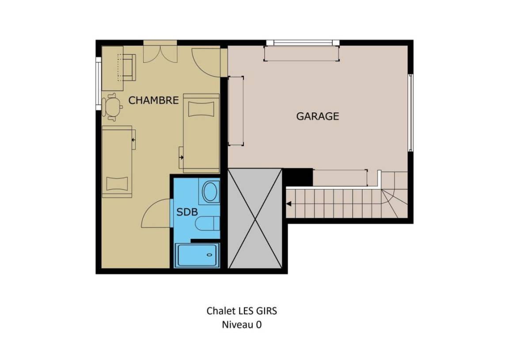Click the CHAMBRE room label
[154, 100]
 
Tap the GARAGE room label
[318, 116]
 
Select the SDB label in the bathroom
[187, 212]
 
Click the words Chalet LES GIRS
[242, 311]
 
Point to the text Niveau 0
[242, 325]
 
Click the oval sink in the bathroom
[210, 191]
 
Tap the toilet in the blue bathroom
[207, 224]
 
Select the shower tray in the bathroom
[197, 255]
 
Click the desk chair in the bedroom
[111, 107]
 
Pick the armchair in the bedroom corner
[127, 67]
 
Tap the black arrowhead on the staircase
[289, 204]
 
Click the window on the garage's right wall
[410, 112]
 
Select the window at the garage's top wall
[303, 42]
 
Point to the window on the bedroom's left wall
[99, 84]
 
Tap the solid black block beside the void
[298, 177]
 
